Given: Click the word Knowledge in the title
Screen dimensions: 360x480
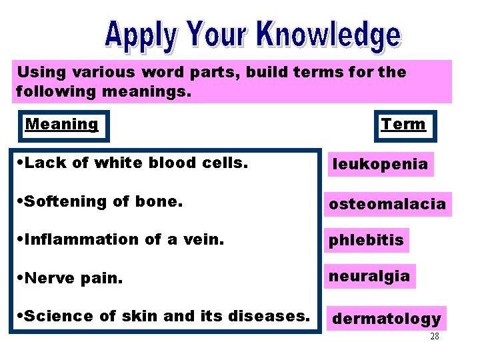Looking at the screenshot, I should click(x=329, y=35).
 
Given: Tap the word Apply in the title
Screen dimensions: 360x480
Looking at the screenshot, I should click(x=139, y=36).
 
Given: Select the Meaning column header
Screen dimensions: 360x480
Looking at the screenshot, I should click(x=61, y=124).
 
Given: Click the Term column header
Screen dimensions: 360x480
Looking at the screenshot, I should click(x=403, y=124).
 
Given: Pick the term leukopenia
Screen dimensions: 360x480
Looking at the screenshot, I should click(x=380, y=164).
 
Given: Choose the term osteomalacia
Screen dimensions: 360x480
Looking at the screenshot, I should click(x=387, y=204).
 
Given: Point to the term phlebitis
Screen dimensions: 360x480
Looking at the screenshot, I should click(x=366, y=241).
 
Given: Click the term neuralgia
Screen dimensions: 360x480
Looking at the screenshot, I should click(x=369, y=275).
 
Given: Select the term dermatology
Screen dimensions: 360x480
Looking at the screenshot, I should click(x=387, y=319).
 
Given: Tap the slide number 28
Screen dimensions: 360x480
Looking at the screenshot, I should click(x=434, y=337).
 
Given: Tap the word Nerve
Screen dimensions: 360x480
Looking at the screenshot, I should click(x=45, y=277).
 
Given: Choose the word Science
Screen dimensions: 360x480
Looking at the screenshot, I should click(x=56, y=315).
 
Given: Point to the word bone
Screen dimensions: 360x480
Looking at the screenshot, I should click(x=161, y=201).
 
